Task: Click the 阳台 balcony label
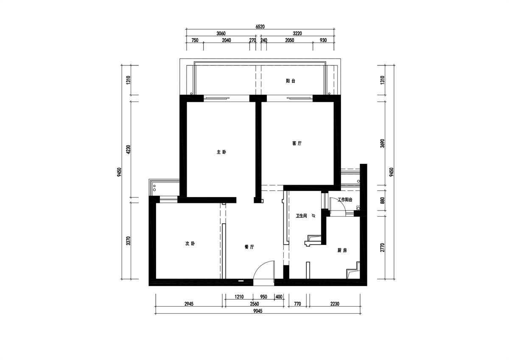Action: (291, 81)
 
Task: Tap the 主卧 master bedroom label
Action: (221, 152)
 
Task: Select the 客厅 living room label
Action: (297, 143)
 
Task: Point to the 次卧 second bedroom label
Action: (190, 244)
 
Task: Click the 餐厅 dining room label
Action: (249, 247)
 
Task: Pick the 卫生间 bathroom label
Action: (301, 216)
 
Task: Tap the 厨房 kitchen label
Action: (342, 250)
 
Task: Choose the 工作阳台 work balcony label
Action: (345, 200)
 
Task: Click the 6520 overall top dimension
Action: (260, 27)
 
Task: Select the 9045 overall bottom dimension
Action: (258, 311)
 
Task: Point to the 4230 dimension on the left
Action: (129, 149)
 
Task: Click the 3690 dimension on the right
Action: (383, 143)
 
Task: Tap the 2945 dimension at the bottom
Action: (189, 304)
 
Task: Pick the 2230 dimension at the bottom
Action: (335, 304)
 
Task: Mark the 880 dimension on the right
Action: (383, 200)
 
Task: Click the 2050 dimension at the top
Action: (289, 40)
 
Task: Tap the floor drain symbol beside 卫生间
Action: (313, 216)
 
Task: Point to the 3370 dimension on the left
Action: (129, 241)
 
